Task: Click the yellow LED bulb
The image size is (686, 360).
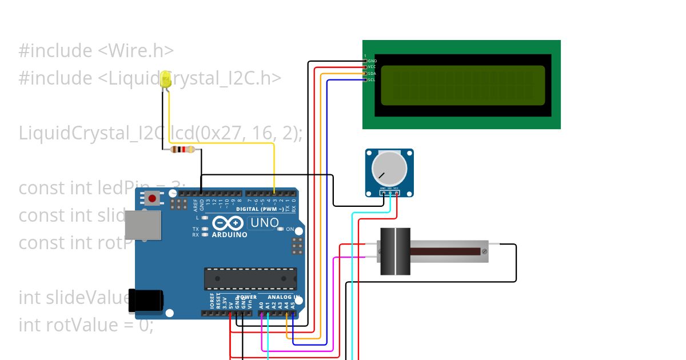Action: tap(166, 79)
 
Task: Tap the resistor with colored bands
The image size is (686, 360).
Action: tap(183, 150)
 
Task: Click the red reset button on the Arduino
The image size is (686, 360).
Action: tap(152, 199)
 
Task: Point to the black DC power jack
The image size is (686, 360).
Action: tap(145, 301)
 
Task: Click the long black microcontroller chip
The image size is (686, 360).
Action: tap(250, 278)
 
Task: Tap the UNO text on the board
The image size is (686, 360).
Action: tap(265, 223)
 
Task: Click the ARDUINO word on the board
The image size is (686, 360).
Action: tap(229, 235)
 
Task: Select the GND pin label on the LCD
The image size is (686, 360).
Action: tap(372, 61)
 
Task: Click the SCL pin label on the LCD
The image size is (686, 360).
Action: tap(372, 79)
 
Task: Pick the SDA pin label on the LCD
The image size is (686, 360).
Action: tap(372, 73)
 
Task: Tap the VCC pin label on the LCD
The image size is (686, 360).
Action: tap(372, 67)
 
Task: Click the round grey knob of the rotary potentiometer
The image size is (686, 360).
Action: tap(389, 168)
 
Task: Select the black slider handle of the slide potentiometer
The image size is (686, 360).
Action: tap(395, 251)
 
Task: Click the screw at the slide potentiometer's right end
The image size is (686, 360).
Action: tap(484, 251)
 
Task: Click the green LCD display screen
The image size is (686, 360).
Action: tap(462, 86)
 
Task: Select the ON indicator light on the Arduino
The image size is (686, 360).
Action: tap(280, 229)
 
